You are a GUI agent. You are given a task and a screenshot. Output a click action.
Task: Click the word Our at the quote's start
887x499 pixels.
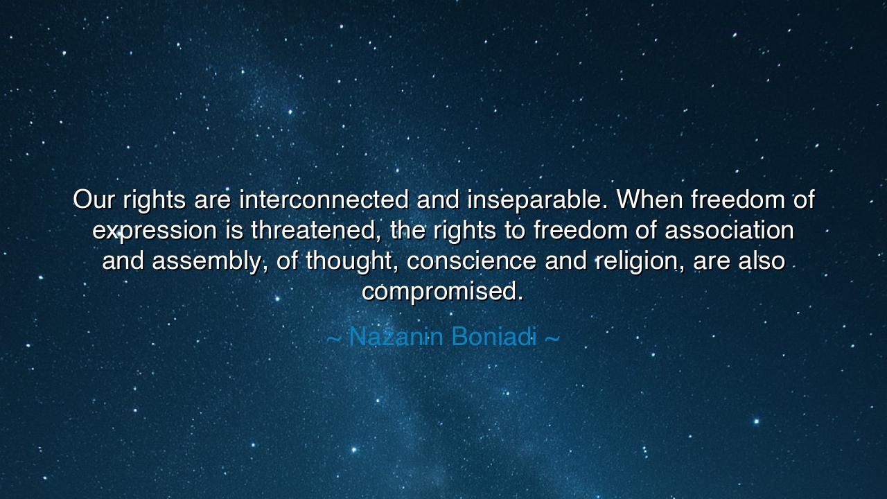point(94,199)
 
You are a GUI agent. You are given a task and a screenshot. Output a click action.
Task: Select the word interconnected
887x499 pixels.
point(324,199)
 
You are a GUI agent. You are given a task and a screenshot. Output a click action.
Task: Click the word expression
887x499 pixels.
point(155,231)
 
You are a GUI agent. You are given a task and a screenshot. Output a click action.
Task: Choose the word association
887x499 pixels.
point(730,230)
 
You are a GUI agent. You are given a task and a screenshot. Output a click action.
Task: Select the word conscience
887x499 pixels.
point(471,261)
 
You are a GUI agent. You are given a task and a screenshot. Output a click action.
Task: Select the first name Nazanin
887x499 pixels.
point(396,337)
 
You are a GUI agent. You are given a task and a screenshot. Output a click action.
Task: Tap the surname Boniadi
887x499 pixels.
point(494,337)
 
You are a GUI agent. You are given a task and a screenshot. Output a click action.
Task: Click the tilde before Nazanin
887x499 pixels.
point(333,339)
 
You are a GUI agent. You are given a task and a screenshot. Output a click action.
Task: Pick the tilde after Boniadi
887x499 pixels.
point(553,339)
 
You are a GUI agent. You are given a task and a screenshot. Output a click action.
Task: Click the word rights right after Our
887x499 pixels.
point(154,201)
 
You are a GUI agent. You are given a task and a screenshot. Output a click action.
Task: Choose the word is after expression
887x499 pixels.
point(234,230)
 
